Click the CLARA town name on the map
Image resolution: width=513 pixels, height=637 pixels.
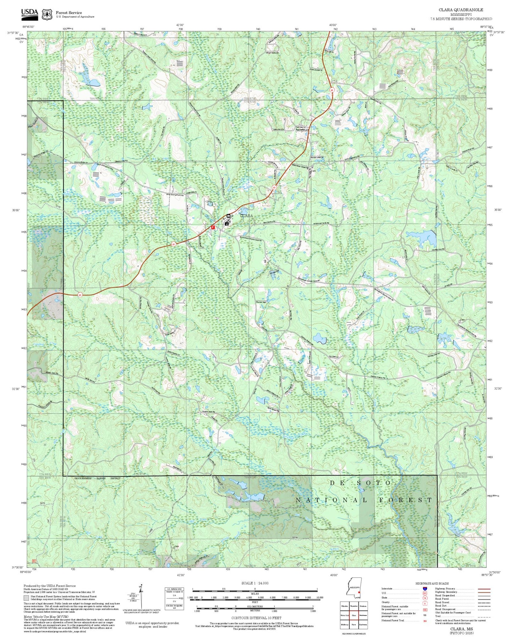click(x=247, y=216)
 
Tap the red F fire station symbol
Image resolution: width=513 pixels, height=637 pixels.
click(x=213, y=227)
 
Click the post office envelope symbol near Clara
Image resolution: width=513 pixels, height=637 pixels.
click(x=229, y=216)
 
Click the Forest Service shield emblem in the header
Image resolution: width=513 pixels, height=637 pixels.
click(x=47, y=14)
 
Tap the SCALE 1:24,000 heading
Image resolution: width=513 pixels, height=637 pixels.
click(x=255, y=583)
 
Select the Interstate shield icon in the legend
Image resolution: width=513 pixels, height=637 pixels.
click(x=425, y=589)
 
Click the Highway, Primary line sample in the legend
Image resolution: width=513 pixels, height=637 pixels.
click(x=484, y=589)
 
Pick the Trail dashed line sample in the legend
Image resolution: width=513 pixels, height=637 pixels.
click(x=484, y=617)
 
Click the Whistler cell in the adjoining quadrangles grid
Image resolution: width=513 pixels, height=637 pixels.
click(x=344, y=606)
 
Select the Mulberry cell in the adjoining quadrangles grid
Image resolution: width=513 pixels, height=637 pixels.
click(x=344, y=624)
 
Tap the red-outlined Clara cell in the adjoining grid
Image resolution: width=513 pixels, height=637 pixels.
click(x=354, y=615)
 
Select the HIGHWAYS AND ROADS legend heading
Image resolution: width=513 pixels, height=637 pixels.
click(x=432, y=583)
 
